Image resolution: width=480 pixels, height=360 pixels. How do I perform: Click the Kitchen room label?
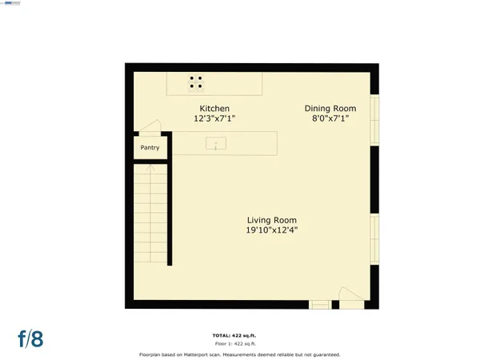point(214,108)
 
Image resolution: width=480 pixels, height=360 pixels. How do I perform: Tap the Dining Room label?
point(330,108)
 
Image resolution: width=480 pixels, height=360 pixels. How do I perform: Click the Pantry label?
point(150,148)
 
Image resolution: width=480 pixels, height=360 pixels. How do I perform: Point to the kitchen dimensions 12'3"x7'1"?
point(214,118)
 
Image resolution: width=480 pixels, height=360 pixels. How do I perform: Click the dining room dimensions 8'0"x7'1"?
point(330,118)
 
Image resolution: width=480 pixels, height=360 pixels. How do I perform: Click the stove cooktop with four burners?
point(196,82)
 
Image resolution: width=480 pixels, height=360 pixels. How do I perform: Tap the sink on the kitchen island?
point(216,144)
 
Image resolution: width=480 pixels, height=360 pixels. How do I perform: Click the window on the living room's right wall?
point(374,240)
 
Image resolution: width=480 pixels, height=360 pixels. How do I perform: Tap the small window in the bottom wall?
point(319,303)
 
